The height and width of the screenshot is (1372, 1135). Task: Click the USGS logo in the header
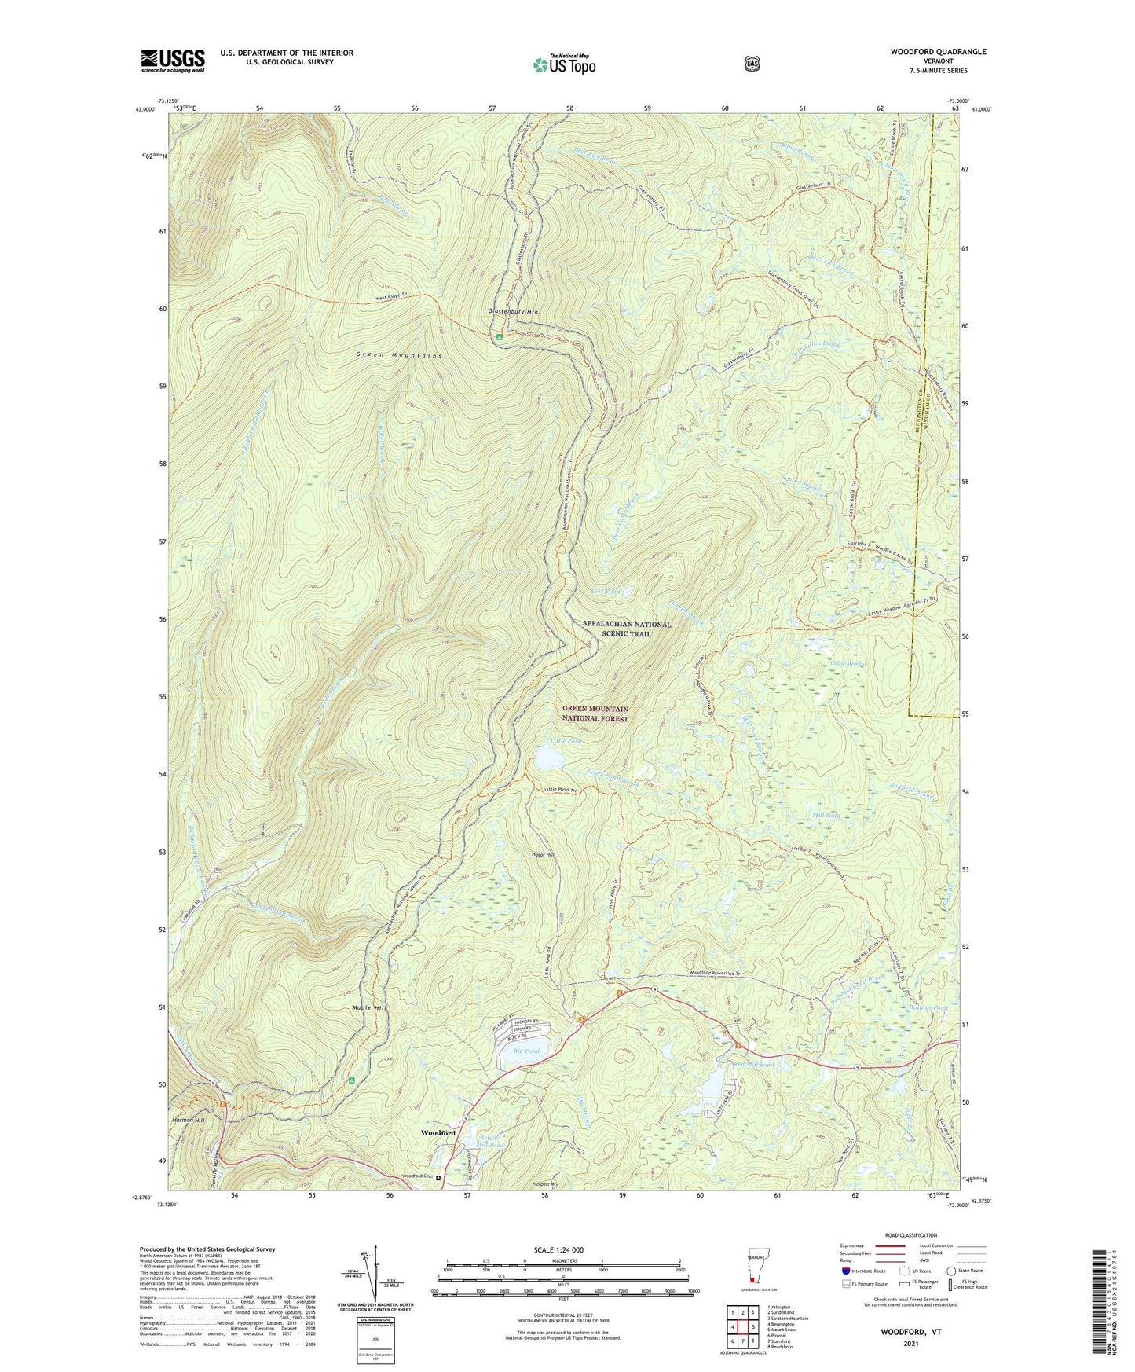173,61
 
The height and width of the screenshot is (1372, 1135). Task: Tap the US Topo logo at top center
565,64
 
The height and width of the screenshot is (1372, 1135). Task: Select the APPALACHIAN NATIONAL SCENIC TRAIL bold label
627,629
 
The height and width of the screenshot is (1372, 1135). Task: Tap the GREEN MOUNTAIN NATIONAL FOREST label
595,714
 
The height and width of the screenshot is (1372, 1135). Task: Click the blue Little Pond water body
549,758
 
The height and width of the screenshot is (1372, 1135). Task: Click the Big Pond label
526,1051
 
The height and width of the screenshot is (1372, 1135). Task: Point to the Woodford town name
438,1132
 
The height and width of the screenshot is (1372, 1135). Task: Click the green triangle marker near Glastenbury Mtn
499,337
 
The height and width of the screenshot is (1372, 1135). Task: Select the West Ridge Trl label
393,295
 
